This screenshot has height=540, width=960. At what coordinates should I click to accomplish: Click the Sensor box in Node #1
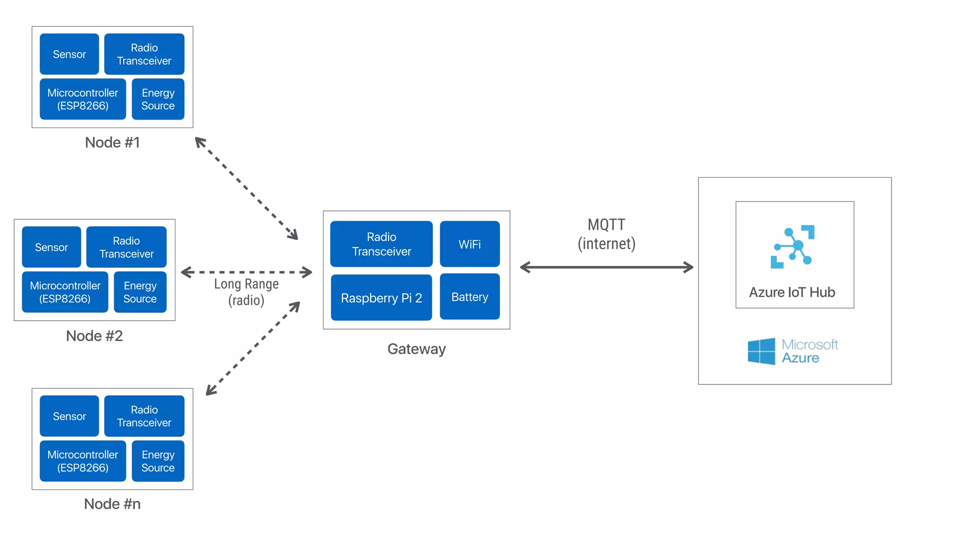coord(69,54)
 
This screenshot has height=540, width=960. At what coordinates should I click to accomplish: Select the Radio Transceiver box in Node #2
coord(127,247)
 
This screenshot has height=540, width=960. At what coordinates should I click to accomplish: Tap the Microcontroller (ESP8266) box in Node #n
coord(82,461)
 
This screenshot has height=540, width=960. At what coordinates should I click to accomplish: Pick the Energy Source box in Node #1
coord(158,99)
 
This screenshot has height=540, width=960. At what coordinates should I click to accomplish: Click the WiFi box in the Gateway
coord(470,244)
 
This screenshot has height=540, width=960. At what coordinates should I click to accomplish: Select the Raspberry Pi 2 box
coord(381,298)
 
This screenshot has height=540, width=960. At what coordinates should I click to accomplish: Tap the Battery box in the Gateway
coord(470,297)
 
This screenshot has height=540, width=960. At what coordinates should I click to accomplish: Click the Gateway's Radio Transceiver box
coord(381,244)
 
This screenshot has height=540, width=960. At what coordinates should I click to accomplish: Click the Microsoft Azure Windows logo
coord(761,351)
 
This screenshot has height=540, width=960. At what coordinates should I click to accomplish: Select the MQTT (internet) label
coord(607,234)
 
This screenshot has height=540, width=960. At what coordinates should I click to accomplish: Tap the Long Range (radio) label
coord(246,292)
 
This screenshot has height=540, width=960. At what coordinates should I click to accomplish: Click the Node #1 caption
coord(112,142)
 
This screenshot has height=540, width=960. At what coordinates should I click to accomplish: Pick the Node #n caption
coord(112,504)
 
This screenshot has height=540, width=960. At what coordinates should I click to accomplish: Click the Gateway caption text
coord(416,349)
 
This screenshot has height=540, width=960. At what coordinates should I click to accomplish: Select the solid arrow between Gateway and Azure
coord(607,267)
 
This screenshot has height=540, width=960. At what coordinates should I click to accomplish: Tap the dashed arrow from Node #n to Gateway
coord(253,348)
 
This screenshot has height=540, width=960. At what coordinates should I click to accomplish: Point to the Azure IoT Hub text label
coord(792,292)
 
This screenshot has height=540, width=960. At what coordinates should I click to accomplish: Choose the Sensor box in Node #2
coord(52,247)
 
